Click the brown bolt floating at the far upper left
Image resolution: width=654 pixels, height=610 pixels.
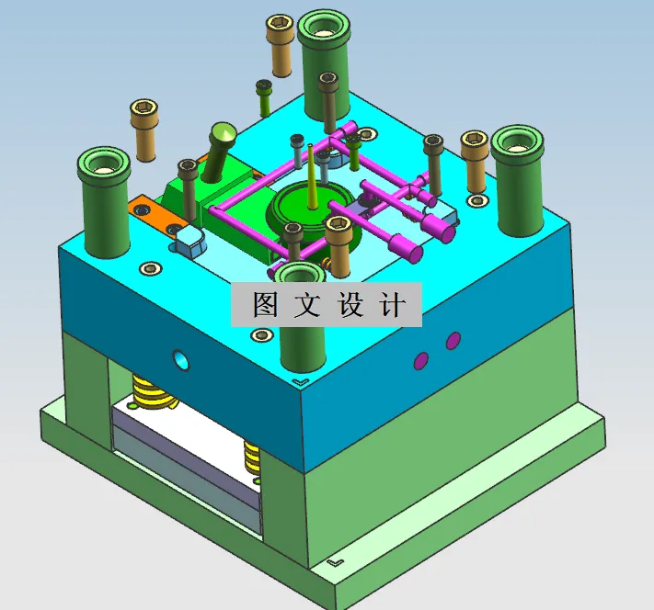coord(143,129)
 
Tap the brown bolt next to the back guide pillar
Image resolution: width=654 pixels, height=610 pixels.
coord(280,41)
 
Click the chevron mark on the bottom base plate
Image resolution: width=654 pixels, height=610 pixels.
coord(337,559)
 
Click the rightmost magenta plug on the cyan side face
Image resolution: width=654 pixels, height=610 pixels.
coord(453,341)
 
